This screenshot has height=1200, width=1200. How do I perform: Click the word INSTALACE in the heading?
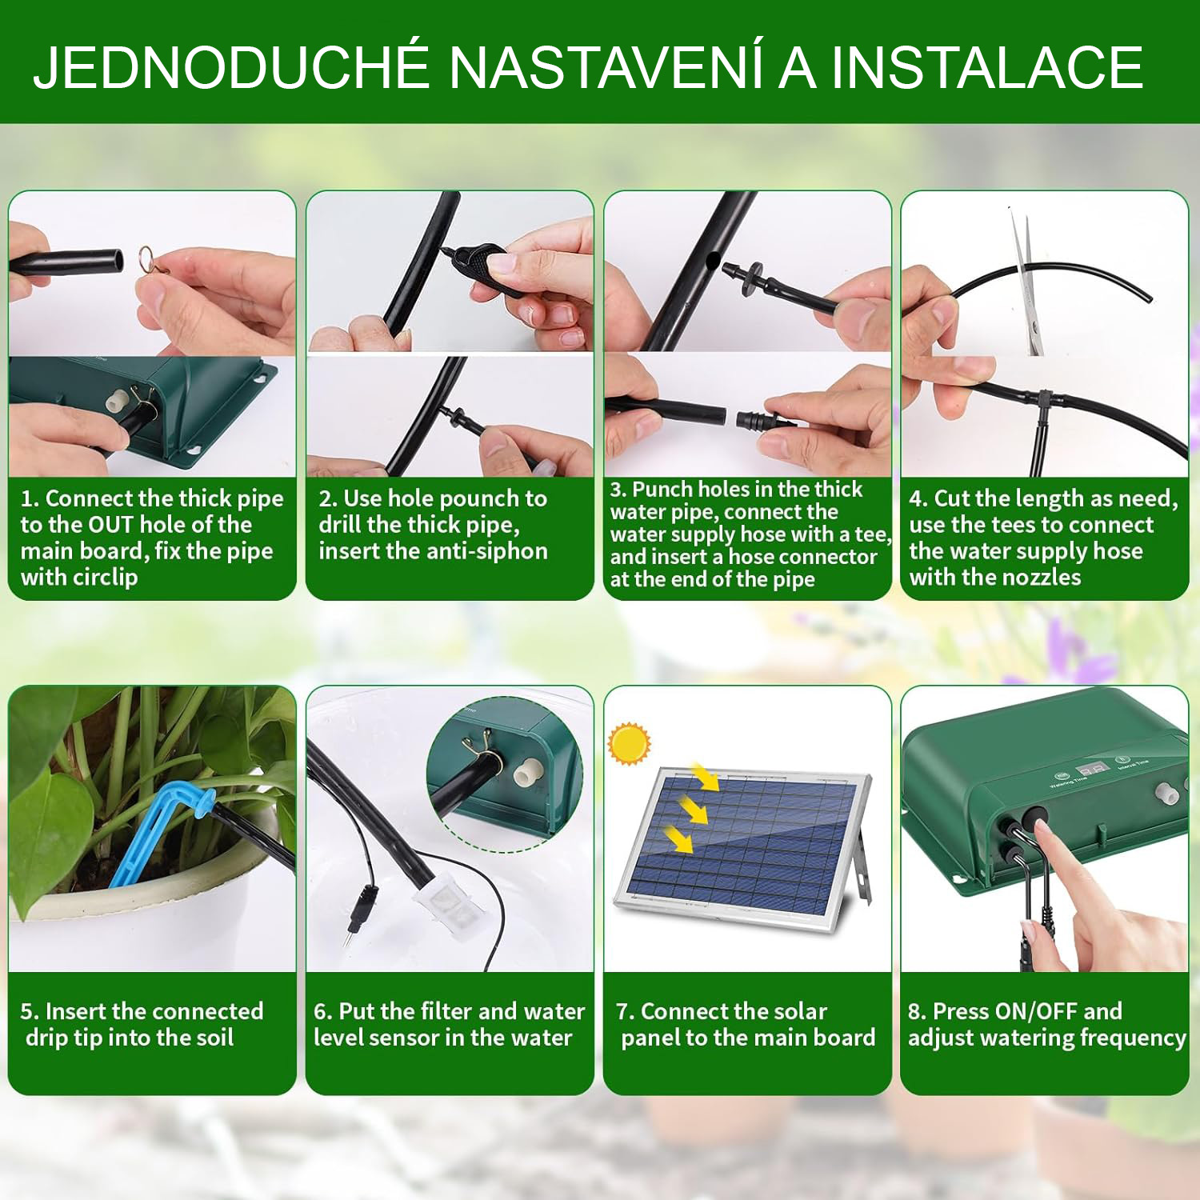(987, 68)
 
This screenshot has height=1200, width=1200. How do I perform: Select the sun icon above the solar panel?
(629, 743)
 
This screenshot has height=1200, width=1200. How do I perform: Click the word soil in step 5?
(214, 1038)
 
